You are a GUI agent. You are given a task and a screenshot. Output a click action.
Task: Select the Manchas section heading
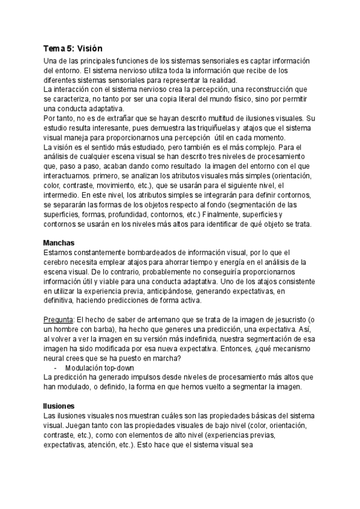59,243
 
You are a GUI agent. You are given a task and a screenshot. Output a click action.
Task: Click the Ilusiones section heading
59,406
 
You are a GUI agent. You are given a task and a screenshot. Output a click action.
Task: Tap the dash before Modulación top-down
56,367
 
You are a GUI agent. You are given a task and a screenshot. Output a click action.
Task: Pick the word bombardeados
157,253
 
